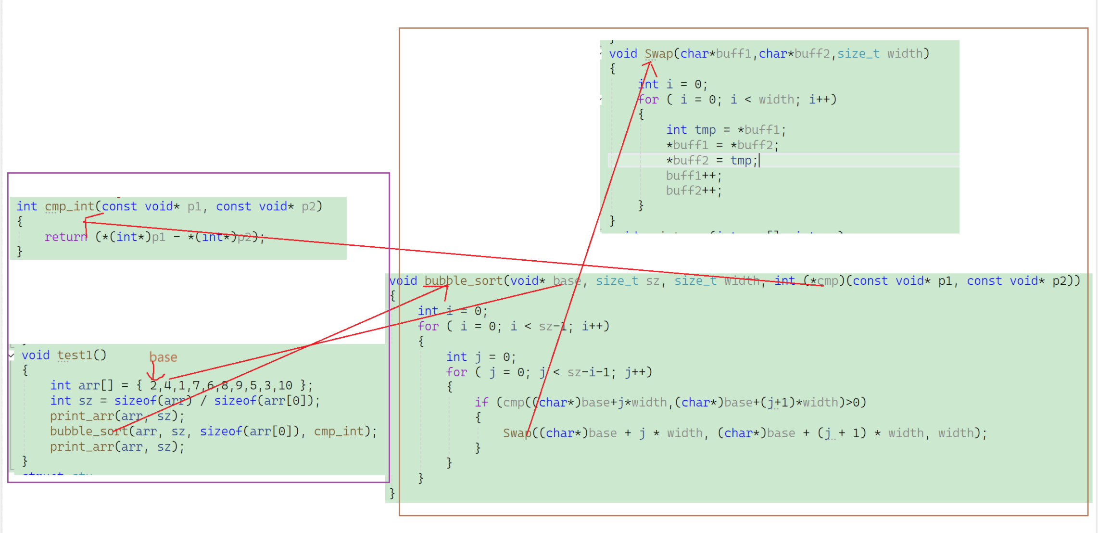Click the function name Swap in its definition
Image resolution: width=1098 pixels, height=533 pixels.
(x=658, y=53)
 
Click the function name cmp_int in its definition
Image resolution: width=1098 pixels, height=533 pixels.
(x=69, y=206)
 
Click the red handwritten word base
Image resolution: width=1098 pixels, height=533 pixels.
(x=163, y=357)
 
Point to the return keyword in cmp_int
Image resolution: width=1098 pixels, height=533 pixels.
(x=66, y=237)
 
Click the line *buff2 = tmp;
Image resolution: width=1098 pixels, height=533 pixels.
(x=711, y=160)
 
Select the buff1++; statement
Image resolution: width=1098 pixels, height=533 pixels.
(x=693, y=176)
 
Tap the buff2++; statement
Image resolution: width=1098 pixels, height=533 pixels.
(x=693, y=190)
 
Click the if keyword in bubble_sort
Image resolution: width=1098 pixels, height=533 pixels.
(x=481, y=402)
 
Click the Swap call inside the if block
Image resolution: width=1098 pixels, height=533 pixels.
(x=517, y=433)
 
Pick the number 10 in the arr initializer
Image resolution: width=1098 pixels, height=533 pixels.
(x=285, y=385)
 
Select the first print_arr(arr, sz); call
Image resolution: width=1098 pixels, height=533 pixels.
(x=117, y=416)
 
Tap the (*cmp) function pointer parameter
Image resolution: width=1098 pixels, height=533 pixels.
(x=824, y=280)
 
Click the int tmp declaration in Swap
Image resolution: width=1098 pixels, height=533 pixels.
(x=691, y=129)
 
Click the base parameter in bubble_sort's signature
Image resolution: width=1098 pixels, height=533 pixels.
(x=567, y=280)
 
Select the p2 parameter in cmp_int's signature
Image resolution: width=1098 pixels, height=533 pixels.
(x=308, y=206)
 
